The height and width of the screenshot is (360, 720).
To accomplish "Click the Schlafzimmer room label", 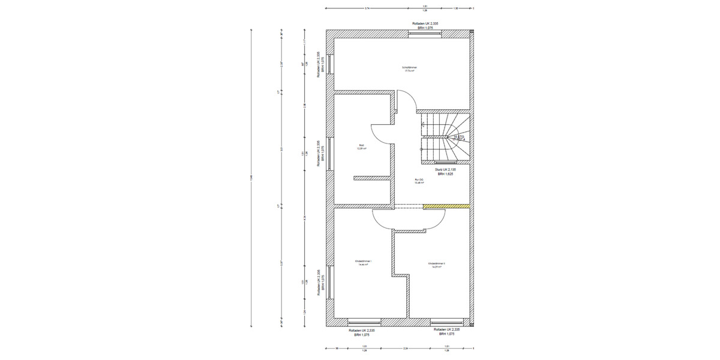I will pyautogui.click(x=410, y=68).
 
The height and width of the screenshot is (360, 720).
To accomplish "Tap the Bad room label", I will pyautogui.click(x=361, y=145).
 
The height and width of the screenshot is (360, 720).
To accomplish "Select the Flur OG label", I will pyautogui.click(x=419, y=180).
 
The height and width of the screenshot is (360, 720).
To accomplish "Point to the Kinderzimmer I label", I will pyautogui.click(x=363, y=262).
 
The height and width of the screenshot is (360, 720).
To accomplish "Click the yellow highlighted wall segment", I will pyautogui.click(x=446, y=206).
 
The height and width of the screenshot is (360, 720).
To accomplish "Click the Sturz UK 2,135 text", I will pyautogui.click(x=446, y=170).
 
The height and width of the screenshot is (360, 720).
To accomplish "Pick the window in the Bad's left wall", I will pyautogui.click(x=329, y=153).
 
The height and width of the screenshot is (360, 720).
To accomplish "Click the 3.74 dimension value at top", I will pyautogui.click(x=367, y=8).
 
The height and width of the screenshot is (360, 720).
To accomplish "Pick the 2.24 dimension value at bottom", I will pyautogui.click(x=406, y=347).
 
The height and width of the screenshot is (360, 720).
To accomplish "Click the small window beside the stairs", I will pyautogui.click(x=445, y=163).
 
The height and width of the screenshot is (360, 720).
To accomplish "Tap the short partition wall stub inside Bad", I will pyautogui.click(x=372, y=178).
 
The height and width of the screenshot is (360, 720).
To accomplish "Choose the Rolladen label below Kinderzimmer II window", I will pyautogui.click(x=447, y=329).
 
